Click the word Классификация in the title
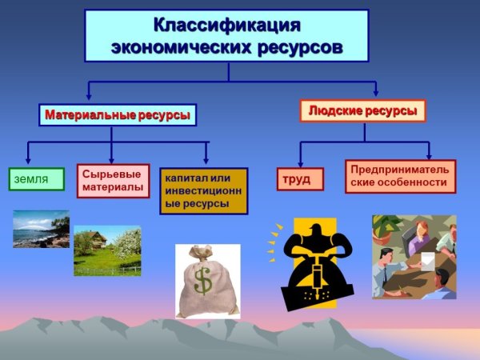pos(227,25)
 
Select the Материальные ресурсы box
pos(118,115)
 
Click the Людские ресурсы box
pos(362,110)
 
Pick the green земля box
pos(37,179)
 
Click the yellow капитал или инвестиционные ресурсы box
pos(204,190)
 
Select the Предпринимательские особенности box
pos(400,176)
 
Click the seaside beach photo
pos(41,229)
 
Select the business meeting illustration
pos(414,256)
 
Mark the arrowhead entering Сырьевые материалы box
pos(111,159)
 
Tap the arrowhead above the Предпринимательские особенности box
pos(429,154)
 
